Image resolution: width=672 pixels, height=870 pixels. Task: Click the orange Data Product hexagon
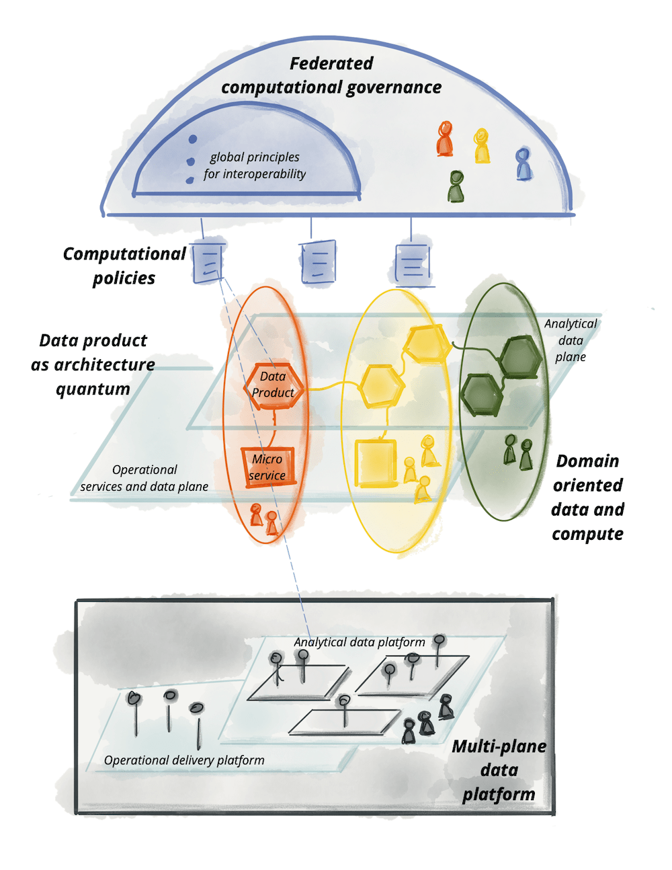coord(273,386)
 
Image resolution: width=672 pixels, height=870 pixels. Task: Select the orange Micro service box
coord(267,467)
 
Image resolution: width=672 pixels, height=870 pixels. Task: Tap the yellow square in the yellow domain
coord(375,463)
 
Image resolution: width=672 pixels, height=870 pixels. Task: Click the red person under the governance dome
coord(445,139)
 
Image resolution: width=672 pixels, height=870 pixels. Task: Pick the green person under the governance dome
coord(456,187)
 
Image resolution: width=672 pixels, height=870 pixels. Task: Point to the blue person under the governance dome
coord(523,165)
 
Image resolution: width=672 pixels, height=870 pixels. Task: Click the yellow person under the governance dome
coord(482,146)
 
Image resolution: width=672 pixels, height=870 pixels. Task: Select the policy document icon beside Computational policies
coord(208,263)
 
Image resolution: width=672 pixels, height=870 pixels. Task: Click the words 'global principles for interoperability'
coord(255,165)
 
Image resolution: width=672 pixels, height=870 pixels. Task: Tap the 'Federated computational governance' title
coord(331,75)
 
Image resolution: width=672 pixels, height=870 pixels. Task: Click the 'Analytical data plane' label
coord(571,340)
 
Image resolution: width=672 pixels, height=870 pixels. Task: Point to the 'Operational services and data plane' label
coord(144,478)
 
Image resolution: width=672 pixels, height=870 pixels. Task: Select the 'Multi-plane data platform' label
coord(499,770)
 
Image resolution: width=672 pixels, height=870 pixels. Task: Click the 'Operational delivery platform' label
coord(184,760)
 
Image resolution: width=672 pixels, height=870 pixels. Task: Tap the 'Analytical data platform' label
coord(360,642)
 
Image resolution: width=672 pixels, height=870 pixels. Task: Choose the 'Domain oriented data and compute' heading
coord(587,498)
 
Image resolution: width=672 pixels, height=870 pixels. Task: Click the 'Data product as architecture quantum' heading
coord(93,364)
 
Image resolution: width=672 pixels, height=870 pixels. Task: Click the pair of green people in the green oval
coord(518,452)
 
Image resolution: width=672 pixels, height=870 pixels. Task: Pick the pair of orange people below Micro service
coord(263,518)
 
